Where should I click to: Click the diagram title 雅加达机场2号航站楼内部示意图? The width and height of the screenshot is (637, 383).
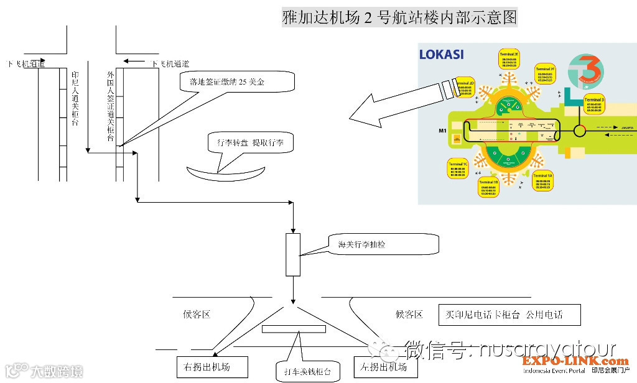coord(399,17)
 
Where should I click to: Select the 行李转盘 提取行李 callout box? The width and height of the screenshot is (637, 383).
coord(250,142)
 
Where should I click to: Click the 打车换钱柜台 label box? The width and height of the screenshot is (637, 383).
coord(309,372)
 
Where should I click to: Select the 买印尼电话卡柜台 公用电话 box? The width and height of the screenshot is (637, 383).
coord(509,315)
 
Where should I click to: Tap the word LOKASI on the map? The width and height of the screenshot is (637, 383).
coord(441,55)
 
